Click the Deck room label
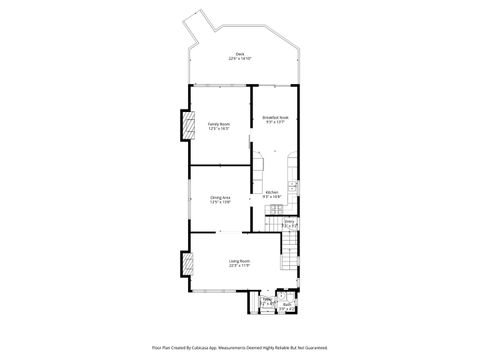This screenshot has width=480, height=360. point(240,53)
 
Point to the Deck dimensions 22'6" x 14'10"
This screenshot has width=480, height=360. point(240,58)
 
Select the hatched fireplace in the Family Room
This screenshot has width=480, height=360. point(186,125)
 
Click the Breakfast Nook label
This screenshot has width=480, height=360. point(276,117)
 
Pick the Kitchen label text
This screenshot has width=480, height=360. point(271,192)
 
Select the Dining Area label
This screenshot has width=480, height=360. point(220,197)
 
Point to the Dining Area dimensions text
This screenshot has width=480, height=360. point(220,202)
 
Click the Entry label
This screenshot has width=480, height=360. point(288,221)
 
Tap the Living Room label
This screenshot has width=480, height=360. point(239,261)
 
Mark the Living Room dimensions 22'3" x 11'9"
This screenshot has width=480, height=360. point(239,266)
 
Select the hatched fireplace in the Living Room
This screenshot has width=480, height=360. point(186,264)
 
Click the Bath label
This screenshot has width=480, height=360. point(286,305)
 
